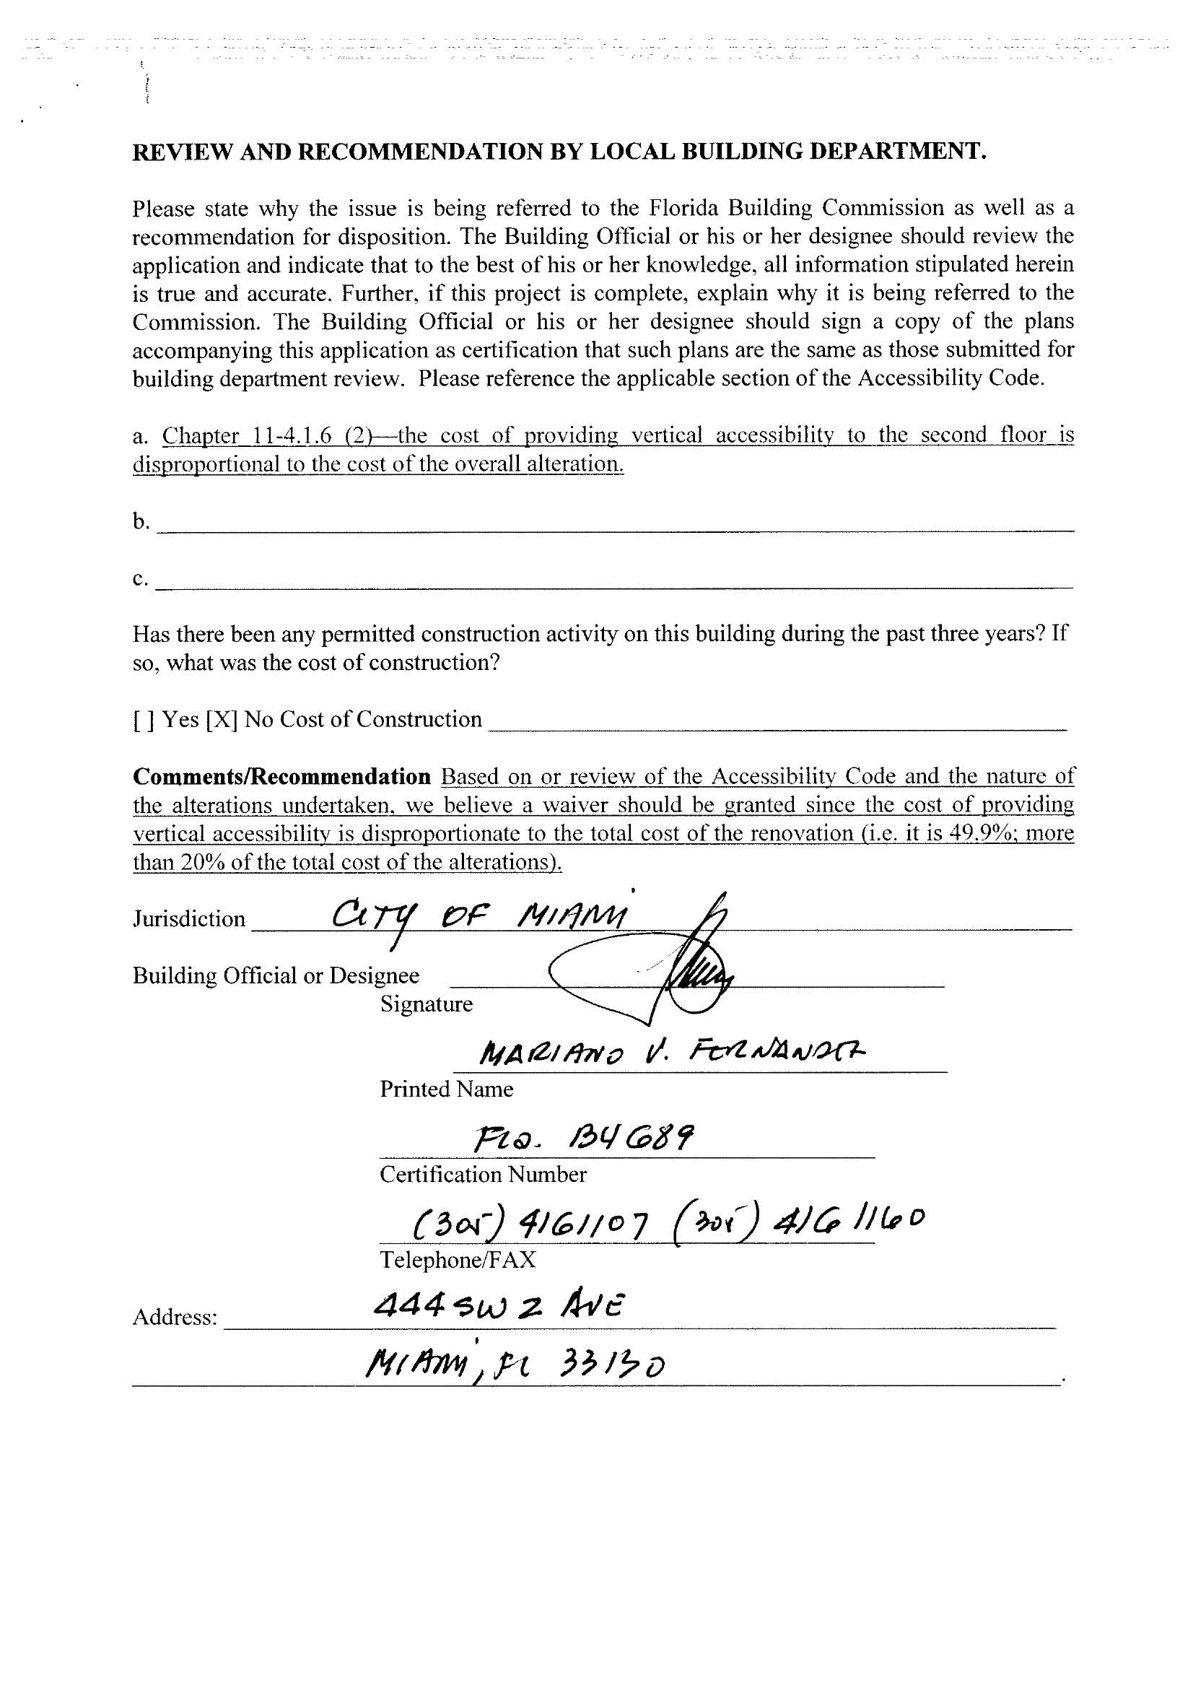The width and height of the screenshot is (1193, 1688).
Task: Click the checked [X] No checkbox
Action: [x=220, y=719]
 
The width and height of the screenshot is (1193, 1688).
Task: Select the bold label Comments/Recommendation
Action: [x=281, y=776]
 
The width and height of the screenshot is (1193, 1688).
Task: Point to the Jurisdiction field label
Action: [x=189, y=919]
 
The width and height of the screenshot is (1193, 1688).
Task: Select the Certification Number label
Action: [x=483, y=1174]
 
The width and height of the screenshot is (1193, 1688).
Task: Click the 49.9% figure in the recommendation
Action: [x=984, y=834]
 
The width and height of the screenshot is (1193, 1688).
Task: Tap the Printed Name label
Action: [x=446, y=1089]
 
